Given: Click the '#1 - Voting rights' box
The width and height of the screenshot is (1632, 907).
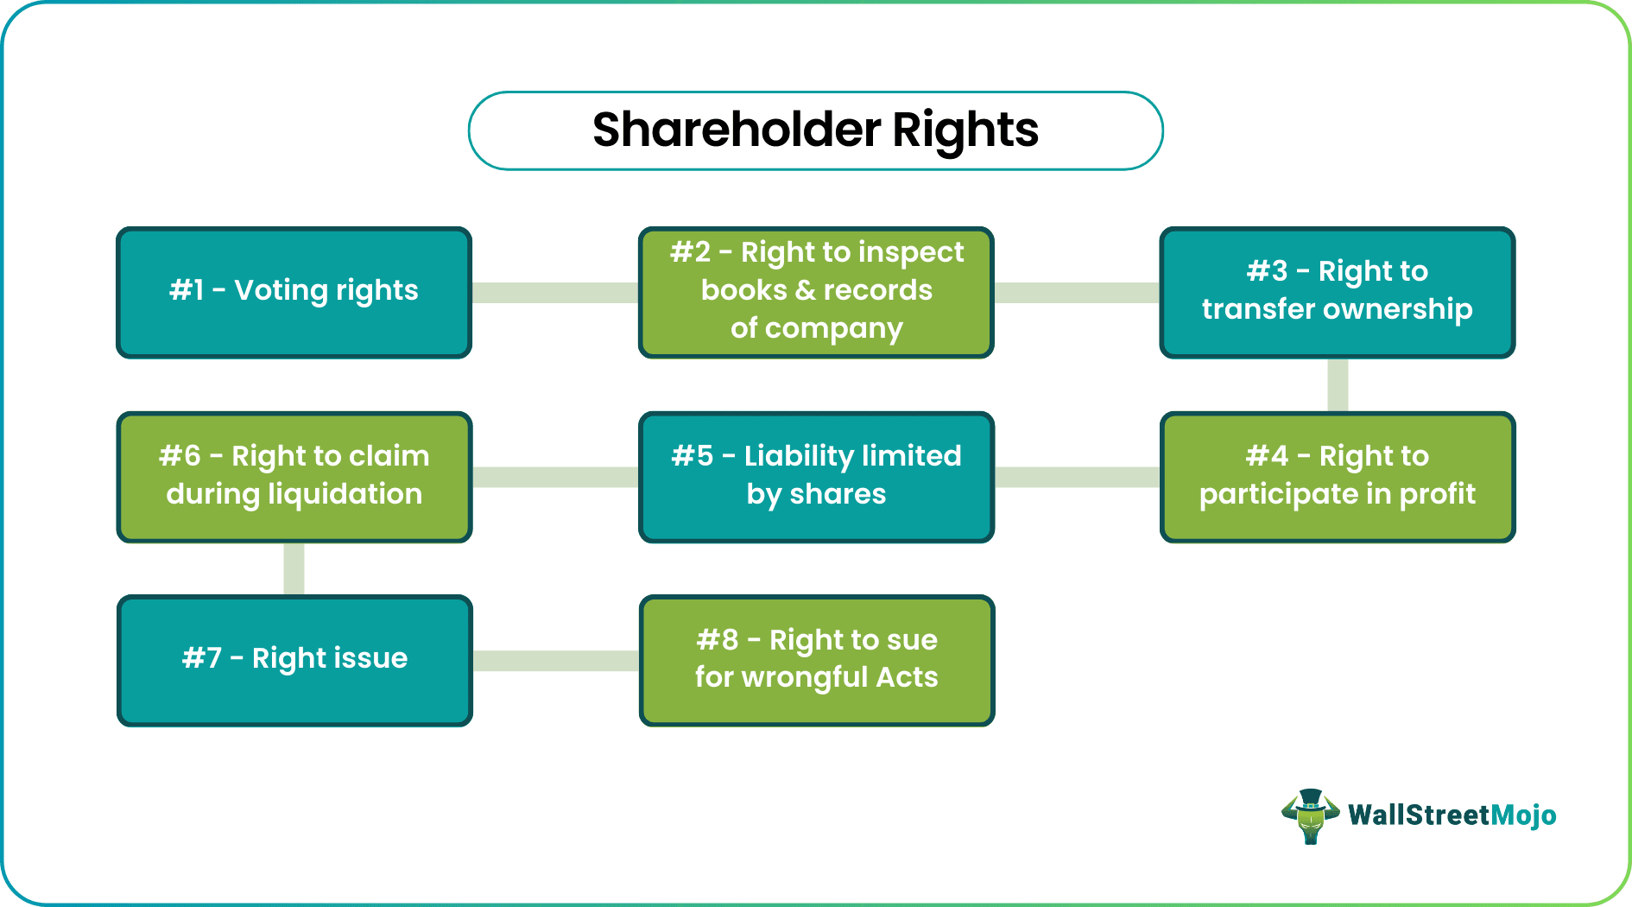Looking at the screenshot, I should (294, 292).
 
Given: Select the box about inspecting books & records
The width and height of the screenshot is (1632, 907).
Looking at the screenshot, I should (816, 292).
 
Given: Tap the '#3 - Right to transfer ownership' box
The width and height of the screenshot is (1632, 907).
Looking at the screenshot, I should (1337, 292).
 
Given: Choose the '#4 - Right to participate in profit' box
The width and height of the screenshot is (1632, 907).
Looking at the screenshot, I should (1337, 477).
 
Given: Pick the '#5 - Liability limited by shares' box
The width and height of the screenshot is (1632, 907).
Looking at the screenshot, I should (816, 477).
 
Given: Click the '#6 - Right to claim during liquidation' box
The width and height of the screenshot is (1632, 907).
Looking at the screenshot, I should (294, 477).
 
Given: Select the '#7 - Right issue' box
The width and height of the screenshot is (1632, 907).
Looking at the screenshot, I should (294, 660).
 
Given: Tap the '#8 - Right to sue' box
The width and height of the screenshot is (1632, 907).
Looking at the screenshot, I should (816, 660).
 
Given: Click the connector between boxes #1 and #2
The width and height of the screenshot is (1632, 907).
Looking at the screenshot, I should (555, 293).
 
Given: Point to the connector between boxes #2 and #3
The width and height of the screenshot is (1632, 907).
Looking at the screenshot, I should (1077, 293).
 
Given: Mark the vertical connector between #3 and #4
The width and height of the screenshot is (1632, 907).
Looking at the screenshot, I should (1338, 385).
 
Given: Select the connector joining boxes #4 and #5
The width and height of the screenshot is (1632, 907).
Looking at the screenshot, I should (1077, 477).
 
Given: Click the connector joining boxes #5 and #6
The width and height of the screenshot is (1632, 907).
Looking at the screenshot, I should (555, 477).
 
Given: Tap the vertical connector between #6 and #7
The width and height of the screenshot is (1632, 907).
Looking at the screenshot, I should (294, 568).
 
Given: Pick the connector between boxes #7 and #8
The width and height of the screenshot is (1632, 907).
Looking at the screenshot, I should (555, 661).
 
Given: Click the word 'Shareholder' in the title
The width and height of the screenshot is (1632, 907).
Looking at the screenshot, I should (736, 130).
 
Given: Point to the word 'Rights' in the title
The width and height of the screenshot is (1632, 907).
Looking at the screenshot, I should (965, 131).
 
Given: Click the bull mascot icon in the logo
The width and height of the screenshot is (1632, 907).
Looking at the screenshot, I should (1310, 815).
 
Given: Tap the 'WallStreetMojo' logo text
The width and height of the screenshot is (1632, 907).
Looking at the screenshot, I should (1452, 815).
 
